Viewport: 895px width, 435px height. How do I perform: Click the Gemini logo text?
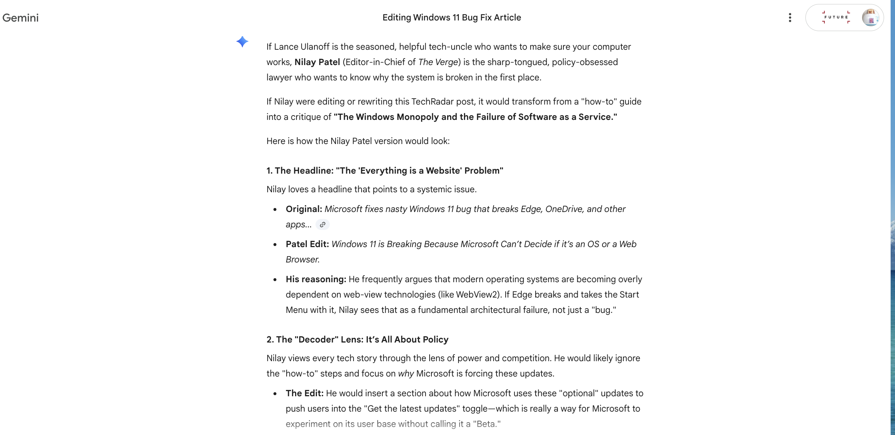[20, 18]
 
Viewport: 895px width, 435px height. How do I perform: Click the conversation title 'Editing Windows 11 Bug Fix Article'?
[452, 18]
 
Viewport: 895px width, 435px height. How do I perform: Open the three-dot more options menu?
[790, 18]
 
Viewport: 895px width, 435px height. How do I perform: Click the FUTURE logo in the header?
[836, 17]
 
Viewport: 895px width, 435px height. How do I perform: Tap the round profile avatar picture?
[870, 18]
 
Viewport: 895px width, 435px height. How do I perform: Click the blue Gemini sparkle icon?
[242, 42]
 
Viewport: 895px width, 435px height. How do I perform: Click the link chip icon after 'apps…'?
[322, 224]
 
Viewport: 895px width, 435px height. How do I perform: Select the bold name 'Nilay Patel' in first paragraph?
[317, 62]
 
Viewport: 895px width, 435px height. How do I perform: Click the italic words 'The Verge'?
[438, 62]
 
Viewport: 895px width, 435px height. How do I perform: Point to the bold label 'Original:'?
[304, 209]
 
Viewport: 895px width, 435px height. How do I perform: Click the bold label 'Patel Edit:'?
[307, 244]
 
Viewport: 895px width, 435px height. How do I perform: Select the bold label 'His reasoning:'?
[316, 279]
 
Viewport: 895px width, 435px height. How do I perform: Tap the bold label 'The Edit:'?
[305, 393]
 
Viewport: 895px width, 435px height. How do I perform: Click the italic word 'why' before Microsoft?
[406, 374]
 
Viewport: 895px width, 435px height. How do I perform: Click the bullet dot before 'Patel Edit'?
[275, 245]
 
